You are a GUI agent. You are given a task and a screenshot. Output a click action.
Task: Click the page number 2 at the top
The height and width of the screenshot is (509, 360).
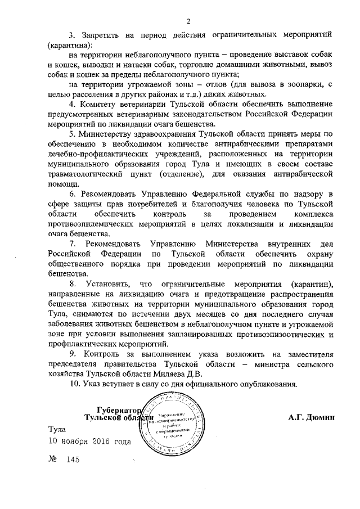[189, 21]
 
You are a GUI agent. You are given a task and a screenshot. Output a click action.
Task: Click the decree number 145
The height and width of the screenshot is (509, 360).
[73, 460]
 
